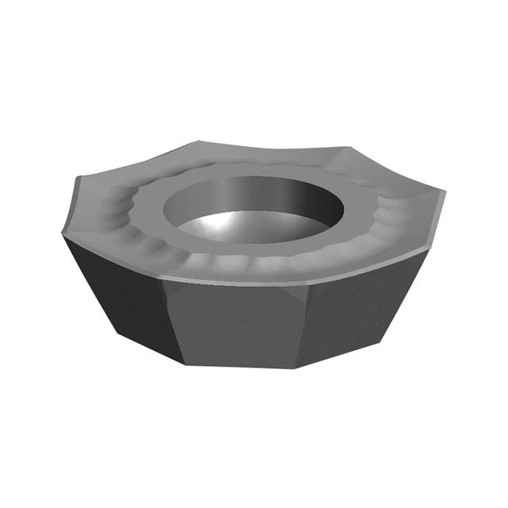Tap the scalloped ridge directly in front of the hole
(x=246, y=259)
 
